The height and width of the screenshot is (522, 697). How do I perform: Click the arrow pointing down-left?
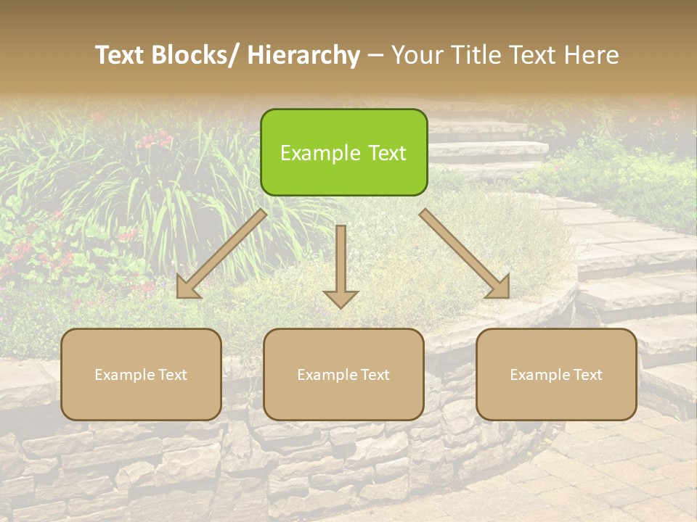click(221, 254)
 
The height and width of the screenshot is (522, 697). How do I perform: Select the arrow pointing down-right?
click(464, 254)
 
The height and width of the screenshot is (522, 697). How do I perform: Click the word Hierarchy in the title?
click(303, 55)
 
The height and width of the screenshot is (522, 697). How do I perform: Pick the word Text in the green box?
click(386, 154)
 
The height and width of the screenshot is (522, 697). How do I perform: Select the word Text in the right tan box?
click(587, 375)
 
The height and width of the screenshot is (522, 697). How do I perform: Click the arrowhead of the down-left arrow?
click(187, 288)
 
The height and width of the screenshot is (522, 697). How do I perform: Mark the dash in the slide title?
click(375, 55)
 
